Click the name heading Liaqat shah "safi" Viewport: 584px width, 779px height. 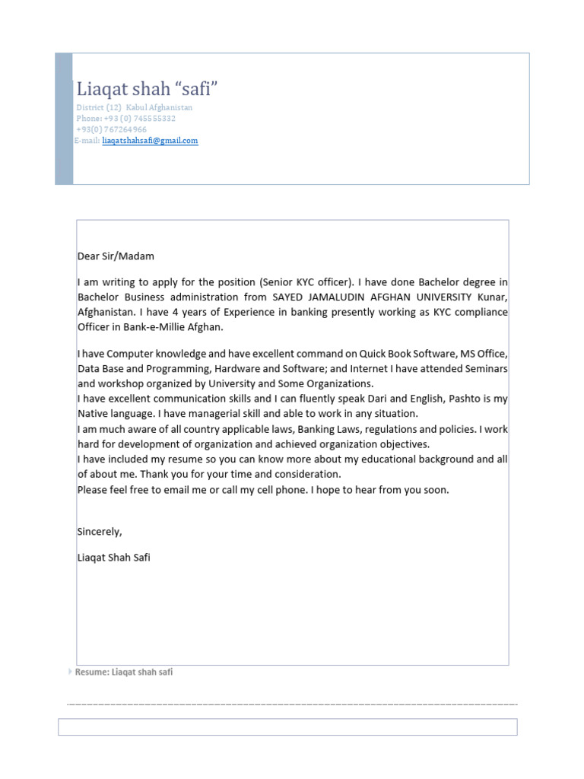tap(147, 89)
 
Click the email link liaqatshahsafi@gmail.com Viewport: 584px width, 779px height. tap(150, 141)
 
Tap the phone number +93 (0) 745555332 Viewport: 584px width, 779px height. tap(126, 119)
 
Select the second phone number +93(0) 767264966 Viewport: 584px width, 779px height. tap(112, 129)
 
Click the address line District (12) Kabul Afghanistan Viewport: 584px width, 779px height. tap(135, 108)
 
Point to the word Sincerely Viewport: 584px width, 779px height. tap(100, 531)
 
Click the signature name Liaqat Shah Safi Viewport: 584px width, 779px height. tap(114, 558)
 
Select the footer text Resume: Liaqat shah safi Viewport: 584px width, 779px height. tap(124, 672)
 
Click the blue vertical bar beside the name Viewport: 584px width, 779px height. tap(64, 119)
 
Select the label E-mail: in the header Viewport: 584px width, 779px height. tap(87, 141)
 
